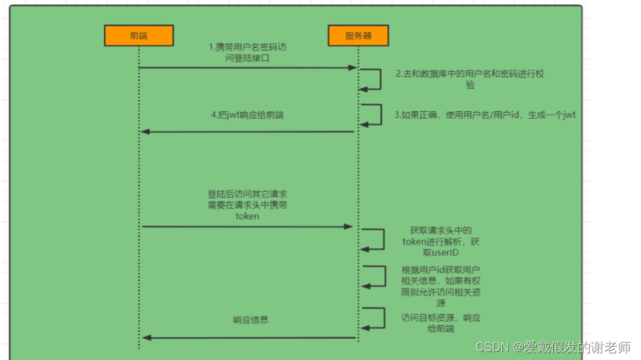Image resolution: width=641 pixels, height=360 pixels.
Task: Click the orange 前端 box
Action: click(139, 35)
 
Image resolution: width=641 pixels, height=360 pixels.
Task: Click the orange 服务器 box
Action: click(358, 35)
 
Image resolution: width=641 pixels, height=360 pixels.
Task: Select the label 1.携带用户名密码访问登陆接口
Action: click(247, 53)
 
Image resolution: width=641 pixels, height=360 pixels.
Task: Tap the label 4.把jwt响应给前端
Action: click(247, 115)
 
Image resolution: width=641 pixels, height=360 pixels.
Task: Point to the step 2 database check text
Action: click(470, 79)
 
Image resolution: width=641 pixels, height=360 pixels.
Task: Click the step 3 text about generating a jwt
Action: click(484, 115)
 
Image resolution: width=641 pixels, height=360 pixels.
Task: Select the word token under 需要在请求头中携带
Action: click(247, 217)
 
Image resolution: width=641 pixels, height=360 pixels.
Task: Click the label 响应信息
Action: click(251, 320)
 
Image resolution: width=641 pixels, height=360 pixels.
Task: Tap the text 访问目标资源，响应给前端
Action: click(440, 323)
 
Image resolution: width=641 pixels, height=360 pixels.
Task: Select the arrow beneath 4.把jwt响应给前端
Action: click(247, 131)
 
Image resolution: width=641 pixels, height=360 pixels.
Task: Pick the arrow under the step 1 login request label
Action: click(247, 68)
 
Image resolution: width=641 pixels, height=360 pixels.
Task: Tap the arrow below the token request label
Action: click(247, 227)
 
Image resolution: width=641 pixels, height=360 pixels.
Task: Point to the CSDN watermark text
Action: click(553, 347)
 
